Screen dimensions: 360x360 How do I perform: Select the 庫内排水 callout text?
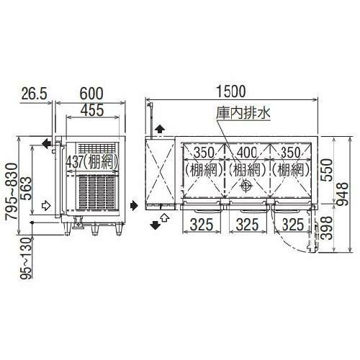[235, 113]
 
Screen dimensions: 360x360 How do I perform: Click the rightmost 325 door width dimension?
[292, 225]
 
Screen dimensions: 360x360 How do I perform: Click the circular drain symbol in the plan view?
[246, 186]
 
